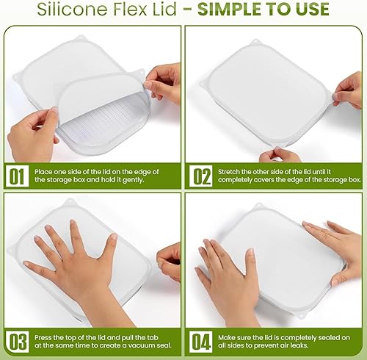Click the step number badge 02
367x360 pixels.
point(201,178)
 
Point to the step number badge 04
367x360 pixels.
point(201,341)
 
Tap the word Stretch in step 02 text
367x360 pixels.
point(232,173)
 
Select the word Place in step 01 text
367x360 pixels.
point(46,173)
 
